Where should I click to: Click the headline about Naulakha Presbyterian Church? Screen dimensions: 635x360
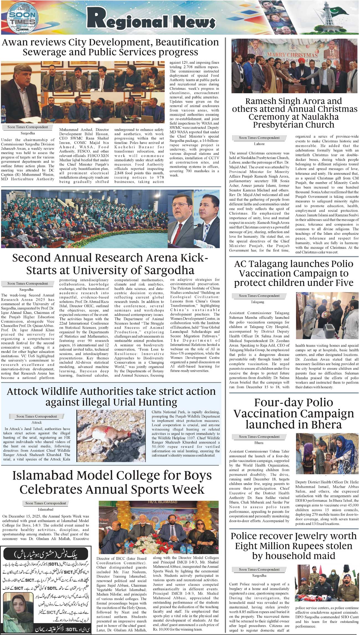295,113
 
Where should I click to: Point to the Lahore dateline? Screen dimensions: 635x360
259,144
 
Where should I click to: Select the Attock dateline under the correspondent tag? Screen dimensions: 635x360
37,423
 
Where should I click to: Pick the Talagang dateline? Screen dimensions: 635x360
257,302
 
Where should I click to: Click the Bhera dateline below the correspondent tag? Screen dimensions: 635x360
259,443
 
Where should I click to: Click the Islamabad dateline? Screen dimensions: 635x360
45,509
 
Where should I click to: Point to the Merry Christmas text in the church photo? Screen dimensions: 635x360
295,55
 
